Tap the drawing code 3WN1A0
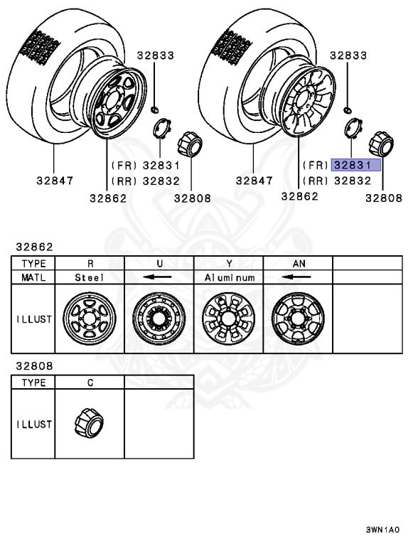coord(382,530)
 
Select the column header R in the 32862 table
coord(90,262)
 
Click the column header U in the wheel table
coord(159,262)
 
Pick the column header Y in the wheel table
coord(229,262)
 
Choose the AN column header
coord(299,262)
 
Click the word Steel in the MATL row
coord(90,277)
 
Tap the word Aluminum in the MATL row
coord(229,277)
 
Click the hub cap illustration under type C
coord(90,424)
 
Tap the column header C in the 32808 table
coord(90,382)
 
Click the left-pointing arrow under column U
coord(159,277)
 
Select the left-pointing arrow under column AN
coord(299,277)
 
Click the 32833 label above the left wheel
coord(156,55)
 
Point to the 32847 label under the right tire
coord(254,181)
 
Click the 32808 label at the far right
coord(384,198)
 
